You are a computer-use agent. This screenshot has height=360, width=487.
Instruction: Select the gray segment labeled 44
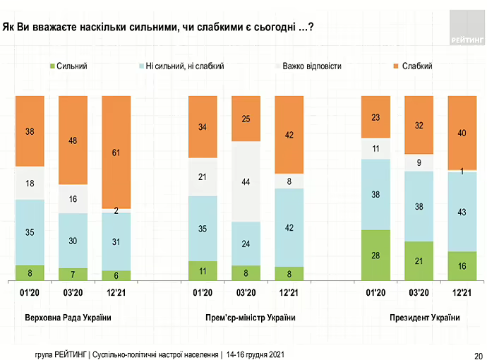246,181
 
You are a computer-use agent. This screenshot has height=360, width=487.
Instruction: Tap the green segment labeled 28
376,254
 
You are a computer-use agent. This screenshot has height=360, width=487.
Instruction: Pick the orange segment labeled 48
73,140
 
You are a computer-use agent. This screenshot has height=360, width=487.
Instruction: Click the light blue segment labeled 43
462,211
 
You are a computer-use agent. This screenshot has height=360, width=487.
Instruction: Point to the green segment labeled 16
462,265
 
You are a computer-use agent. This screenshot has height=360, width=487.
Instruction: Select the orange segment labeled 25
246,119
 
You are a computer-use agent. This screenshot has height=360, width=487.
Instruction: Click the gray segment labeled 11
376,149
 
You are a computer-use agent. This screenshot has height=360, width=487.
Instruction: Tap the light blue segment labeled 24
246,244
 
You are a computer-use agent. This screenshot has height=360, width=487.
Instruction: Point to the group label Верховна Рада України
68,318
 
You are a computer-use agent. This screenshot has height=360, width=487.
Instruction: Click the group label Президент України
424,318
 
